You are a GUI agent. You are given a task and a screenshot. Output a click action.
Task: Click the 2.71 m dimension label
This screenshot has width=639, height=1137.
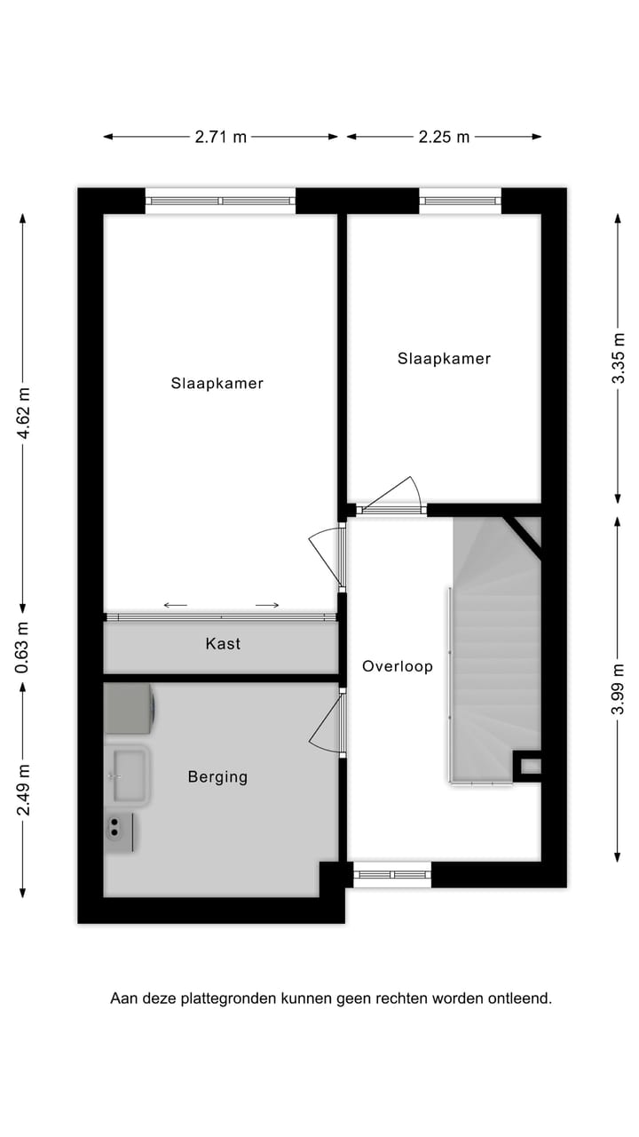pyautogui.click(x=221, y=137)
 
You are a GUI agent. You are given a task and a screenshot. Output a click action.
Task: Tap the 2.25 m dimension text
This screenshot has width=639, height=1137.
pyautogui.click(x=444, y=137)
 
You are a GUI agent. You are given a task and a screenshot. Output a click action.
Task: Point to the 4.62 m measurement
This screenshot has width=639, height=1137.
pyautogui.click(x=25, y=413)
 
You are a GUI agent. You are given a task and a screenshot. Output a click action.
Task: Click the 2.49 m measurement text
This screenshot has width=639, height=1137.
pyautogui.click(x=25, y=790)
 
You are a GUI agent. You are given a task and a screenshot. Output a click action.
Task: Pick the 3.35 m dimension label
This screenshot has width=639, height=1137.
pyautogui.click(x=619, y=357)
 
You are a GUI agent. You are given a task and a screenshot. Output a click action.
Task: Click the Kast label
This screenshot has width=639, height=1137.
pyautogui.click(x=223, y=643)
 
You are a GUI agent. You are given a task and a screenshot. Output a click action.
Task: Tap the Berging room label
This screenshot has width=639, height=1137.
pyautogui.click(x=217, y=777)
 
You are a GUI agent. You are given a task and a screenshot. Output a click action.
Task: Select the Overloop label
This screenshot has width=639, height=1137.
pyautogui.click(x=397, y=666)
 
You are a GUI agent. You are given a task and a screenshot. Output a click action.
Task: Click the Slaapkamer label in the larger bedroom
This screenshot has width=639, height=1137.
pyautogui.click(x=217, y=384)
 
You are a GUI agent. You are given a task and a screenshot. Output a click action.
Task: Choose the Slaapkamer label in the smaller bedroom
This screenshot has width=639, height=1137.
pyautogui.click(x=444, y=359)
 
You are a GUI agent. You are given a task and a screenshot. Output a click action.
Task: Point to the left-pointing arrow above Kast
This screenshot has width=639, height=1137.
pyautogui.click(x=176, y=606)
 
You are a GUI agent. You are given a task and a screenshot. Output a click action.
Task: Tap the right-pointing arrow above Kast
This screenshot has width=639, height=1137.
pyautogui.click(x=267, y=606)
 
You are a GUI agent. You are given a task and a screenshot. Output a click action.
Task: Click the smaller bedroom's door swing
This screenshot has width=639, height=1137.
pyautogui.click(x=390, y=496)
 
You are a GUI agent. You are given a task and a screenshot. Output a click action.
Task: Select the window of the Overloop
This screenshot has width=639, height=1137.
pyautogui.click(x=392, y=875)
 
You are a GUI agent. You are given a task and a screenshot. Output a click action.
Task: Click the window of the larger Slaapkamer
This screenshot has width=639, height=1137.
pyautogui.click(x=220, y=201)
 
